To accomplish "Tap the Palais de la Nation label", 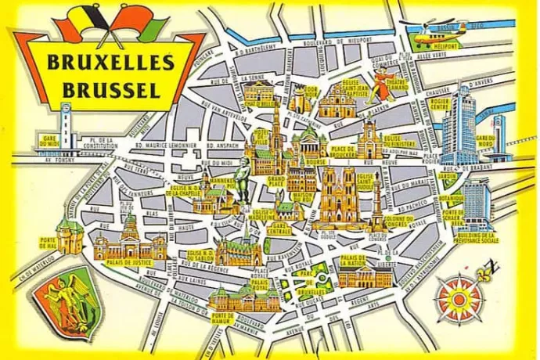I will (354, 261).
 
